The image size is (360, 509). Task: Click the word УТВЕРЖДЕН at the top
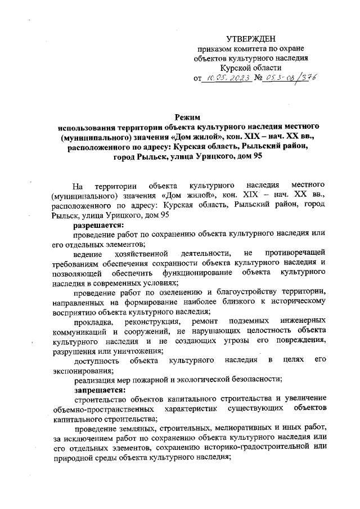[x=251, y=39]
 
